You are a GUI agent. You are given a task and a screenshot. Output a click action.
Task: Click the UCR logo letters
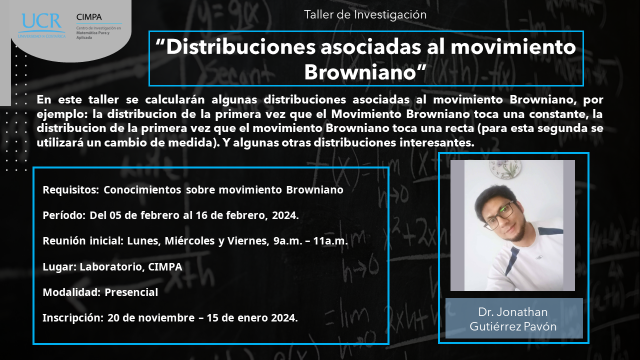point(41,21)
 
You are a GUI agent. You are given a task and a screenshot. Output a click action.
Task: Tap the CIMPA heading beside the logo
point(89,17)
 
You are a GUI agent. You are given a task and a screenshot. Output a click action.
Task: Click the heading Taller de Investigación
point(365,14)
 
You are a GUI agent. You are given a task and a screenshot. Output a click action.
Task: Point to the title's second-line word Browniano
point(360,71)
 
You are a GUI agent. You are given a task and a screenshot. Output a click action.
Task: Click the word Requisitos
point(71,189)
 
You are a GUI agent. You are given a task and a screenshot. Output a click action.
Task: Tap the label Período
point(64,215)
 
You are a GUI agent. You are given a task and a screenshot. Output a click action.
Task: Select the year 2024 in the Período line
point(285,215)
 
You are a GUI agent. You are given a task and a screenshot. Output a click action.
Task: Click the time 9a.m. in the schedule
point(287,241)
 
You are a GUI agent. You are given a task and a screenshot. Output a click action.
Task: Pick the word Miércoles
point(189,240)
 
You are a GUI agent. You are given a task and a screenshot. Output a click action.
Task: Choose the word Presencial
point(131,292)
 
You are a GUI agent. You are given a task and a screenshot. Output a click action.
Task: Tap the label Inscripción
point(73,317)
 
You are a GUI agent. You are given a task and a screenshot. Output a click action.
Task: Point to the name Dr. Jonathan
point(513,312)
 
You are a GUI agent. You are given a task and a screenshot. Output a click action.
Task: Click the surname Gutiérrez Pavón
point(513,326)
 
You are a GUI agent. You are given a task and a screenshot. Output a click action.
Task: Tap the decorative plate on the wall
point(505,168)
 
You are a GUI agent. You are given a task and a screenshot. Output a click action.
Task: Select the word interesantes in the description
point(437,142)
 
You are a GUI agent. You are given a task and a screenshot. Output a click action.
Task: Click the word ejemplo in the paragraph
point(62,114)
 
